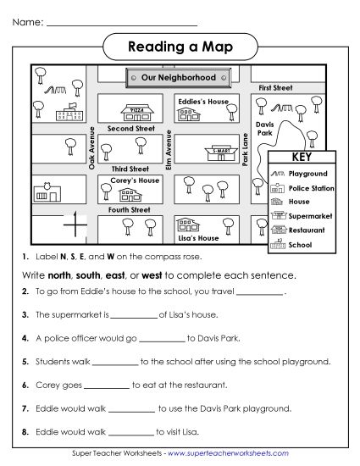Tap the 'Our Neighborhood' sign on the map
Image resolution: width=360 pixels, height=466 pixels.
coord(179,77)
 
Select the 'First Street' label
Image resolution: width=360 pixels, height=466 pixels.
coord(277,87)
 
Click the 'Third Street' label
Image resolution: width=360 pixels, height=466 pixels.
coord(130,169)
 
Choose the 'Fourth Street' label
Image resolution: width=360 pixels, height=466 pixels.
coord(130,208)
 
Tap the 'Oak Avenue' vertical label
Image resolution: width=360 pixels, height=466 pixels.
coord(92,148)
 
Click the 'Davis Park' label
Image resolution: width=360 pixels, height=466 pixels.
coord(265,128)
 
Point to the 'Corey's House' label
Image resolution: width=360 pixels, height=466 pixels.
coord(135,180)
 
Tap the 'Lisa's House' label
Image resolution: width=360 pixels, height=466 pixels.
coord(197,238)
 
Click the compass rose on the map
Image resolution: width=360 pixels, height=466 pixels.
coord(75,225)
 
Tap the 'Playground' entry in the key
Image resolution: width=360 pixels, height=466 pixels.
coord(307,173)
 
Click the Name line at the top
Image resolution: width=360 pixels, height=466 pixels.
coord(119,21)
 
